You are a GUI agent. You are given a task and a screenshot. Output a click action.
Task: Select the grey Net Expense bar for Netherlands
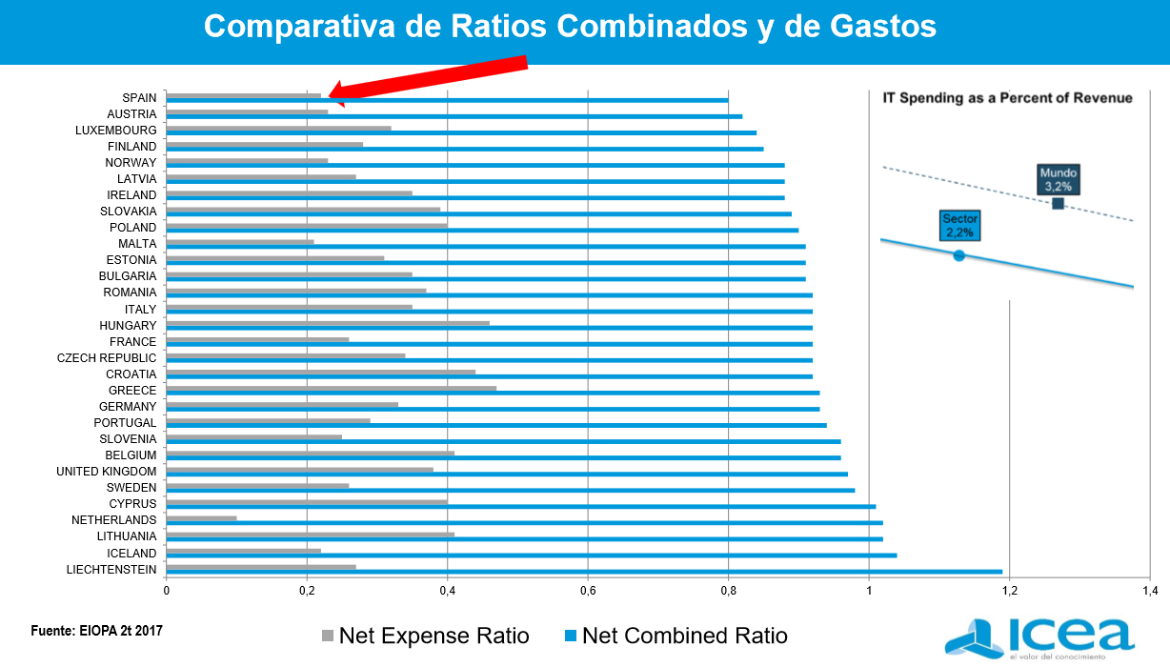[201, 518]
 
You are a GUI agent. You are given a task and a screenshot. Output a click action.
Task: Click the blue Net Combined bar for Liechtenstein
[584, 572]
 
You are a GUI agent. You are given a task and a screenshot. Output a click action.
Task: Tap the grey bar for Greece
[331, 388]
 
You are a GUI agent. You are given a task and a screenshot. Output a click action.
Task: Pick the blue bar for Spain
[447, 100]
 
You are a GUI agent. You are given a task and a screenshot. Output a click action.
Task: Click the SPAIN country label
[139, 97]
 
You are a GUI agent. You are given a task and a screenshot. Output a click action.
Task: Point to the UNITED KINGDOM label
[106, 471]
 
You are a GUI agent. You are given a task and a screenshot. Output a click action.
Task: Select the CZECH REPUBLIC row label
[107, 357]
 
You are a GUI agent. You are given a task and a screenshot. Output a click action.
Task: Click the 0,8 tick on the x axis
[728, 591]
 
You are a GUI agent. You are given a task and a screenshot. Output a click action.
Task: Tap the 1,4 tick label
[1149, 591]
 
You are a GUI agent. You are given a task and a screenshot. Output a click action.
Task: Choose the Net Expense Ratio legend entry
[425, 636]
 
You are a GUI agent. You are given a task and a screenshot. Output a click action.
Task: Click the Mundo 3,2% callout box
[1058, 179]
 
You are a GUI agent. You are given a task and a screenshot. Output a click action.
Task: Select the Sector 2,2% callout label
[959, 226]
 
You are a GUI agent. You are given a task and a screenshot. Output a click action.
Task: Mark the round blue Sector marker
[958, 255]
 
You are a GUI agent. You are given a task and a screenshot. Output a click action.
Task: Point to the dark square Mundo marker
[1058, 203]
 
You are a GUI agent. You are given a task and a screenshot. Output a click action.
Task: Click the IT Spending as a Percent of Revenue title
[1007, 97]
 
